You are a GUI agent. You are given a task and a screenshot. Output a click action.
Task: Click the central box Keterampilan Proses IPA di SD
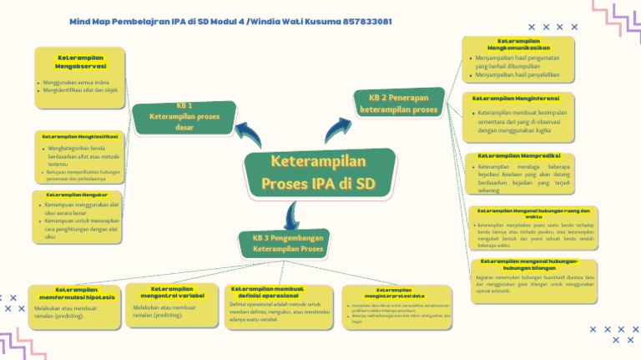(x=318, y=173)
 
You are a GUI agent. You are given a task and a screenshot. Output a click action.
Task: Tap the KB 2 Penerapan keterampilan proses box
(x=403, y=104)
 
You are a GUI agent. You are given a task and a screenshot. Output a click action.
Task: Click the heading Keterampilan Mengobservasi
(x=80, y=60)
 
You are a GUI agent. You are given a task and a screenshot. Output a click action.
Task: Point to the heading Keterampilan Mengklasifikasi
(x=79, y=135)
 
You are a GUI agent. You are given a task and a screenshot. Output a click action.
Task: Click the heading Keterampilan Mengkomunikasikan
(x=518, y=43)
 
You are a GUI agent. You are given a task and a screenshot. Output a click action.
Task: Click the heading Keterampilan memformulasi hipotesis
(x=77, y=294)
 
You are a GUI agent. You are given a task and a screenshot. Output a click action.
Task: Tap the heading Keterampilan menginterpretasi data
(x=389, y=293)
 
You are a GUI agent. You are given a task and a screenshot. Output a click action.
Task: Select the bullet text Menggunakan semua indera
(x=76, y=82)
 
